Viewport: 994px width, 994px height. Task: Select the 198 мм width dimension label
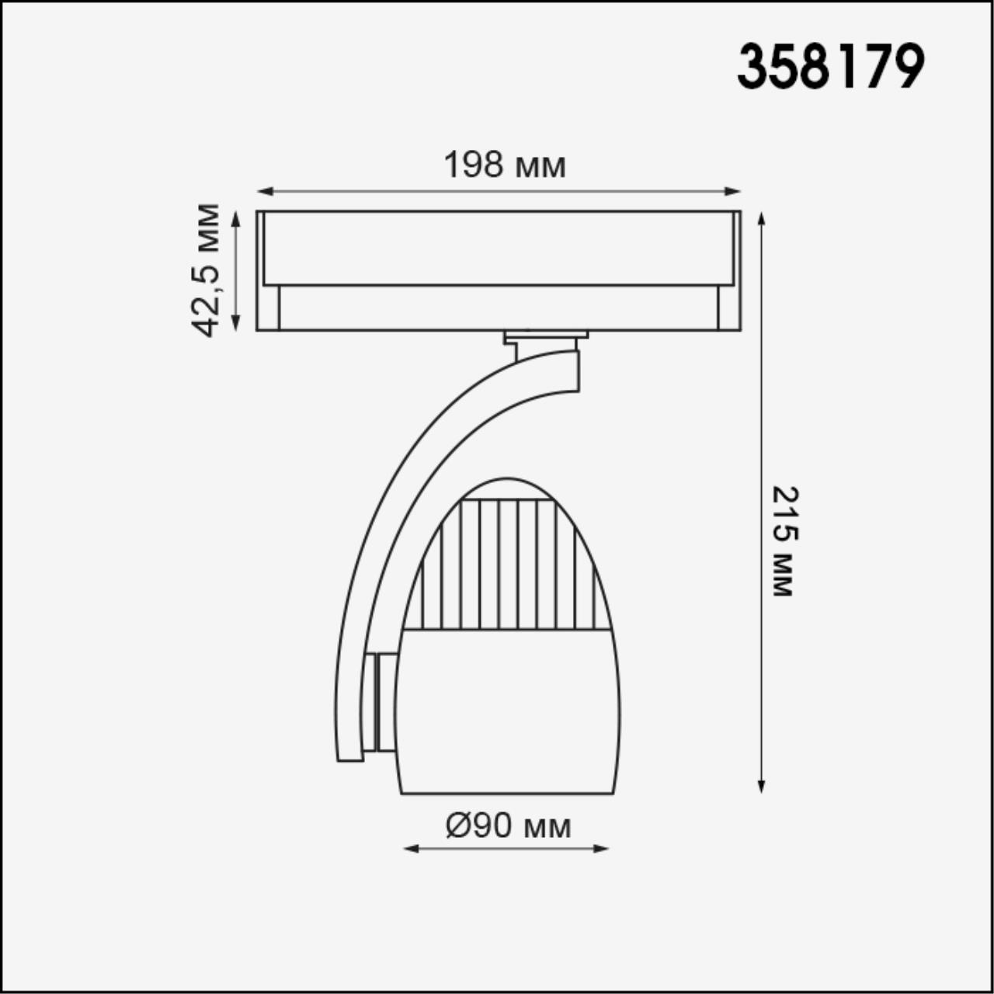pos(505,165)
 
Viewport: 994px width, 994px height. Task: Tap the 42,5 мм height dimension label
pos(207,270)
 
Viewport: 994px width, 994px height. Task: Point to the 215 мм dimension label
pos(785,541)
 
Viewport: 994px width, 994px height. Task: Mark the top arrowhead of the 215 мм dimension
pos(762,217)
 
